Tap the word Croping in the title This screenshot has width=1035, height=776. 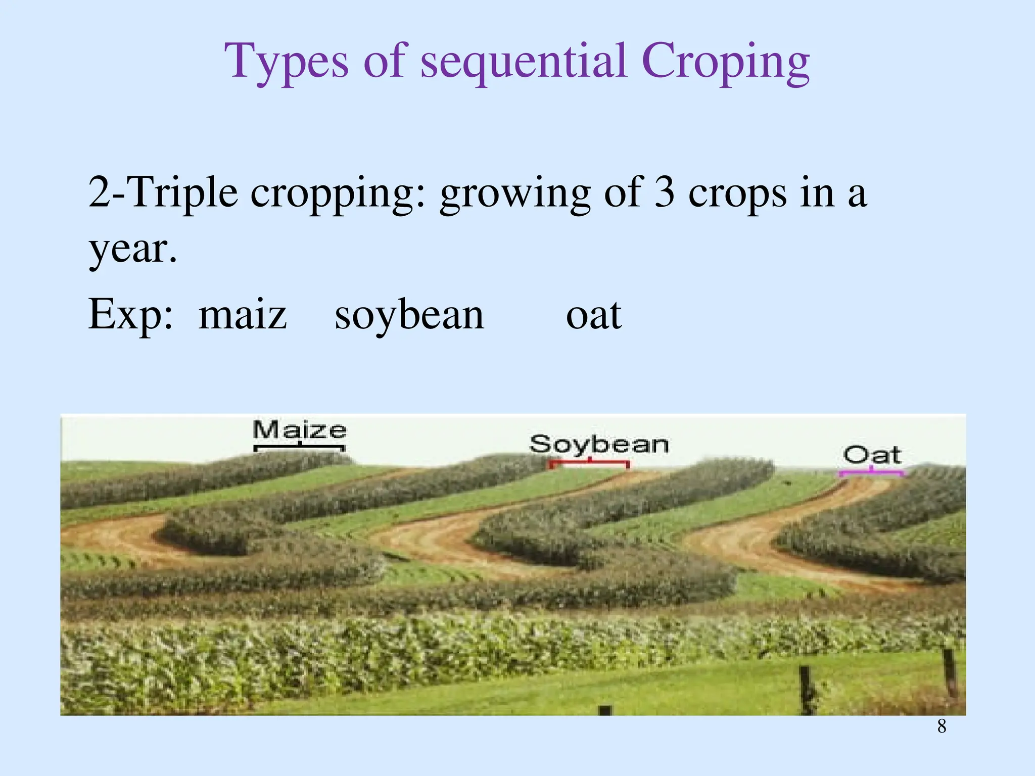[x=726, y=62]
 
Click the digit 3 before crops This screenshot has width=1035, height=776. [x=664, y=193]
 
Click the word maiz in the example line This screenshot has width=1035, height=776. [x=243, y=315]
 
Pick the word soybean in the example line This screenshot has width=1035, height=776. [x=409, y=315]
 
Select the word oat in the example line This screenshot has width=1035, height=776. [x=594, y=315]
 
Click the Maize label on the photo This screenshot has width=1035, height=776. [x=300, y=430]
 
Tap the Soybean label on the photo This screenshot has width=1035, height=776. [x=599, y=445]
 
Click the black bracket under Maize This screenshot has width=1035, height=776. [x=300, y=447]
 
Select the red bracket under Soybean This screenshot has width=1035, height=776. [x=589, y=462]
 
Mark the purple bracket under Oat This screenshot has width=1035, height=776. [x=871, y=473]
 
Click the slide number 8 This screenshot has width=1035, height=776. [x=942, y=726]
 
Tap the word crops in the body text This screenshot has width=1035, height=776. [x=737, y=193]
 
